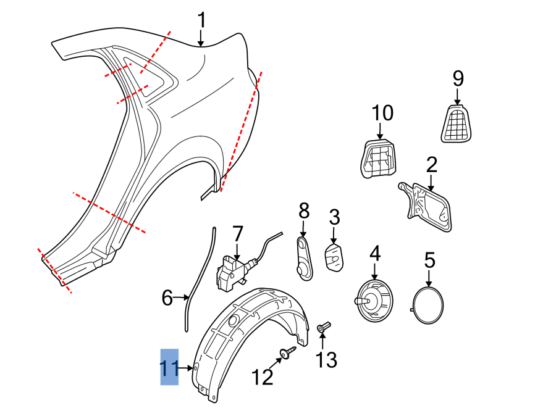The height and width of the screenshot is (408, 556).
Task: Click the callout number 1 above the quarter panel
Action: click(x=201, y=21)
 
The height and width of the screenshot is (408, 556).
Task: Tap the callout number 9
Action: click(x=458, y=78)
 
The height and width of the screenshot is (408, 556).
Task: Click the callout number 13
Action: click(x=327, y=360)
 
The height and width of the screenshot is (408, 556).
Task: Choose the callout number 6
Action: click(x=167, y=298)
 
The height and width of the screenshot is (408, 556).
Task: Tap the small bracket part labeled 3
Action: click(x=334, y=257)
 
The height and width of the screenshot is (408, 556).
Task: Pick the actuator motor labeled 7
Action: click(x=232, y=272)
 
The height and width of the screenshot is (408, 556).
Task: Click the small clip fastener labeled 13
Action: click(x=324, y=328)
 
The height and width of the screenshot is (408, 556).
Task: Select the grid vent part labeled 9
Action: click(x=457, y=123)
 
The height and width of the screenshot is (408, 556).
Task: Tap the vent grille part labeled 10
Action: click(x=378, y=157)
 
